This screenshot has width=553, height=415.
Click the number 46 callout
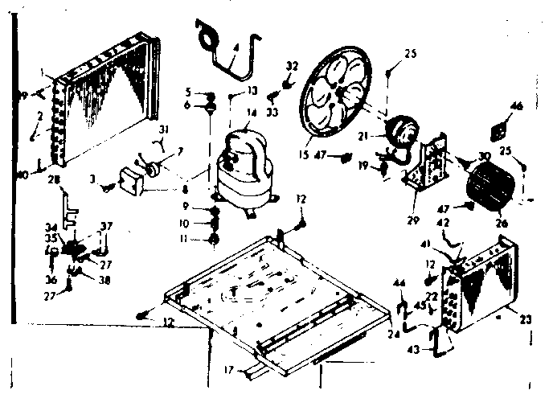tap(516, 105)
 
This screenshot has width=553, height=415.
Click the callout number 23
tap(526, 320)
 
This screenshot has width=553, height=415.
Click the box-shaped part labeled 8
tap(132, 179)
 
